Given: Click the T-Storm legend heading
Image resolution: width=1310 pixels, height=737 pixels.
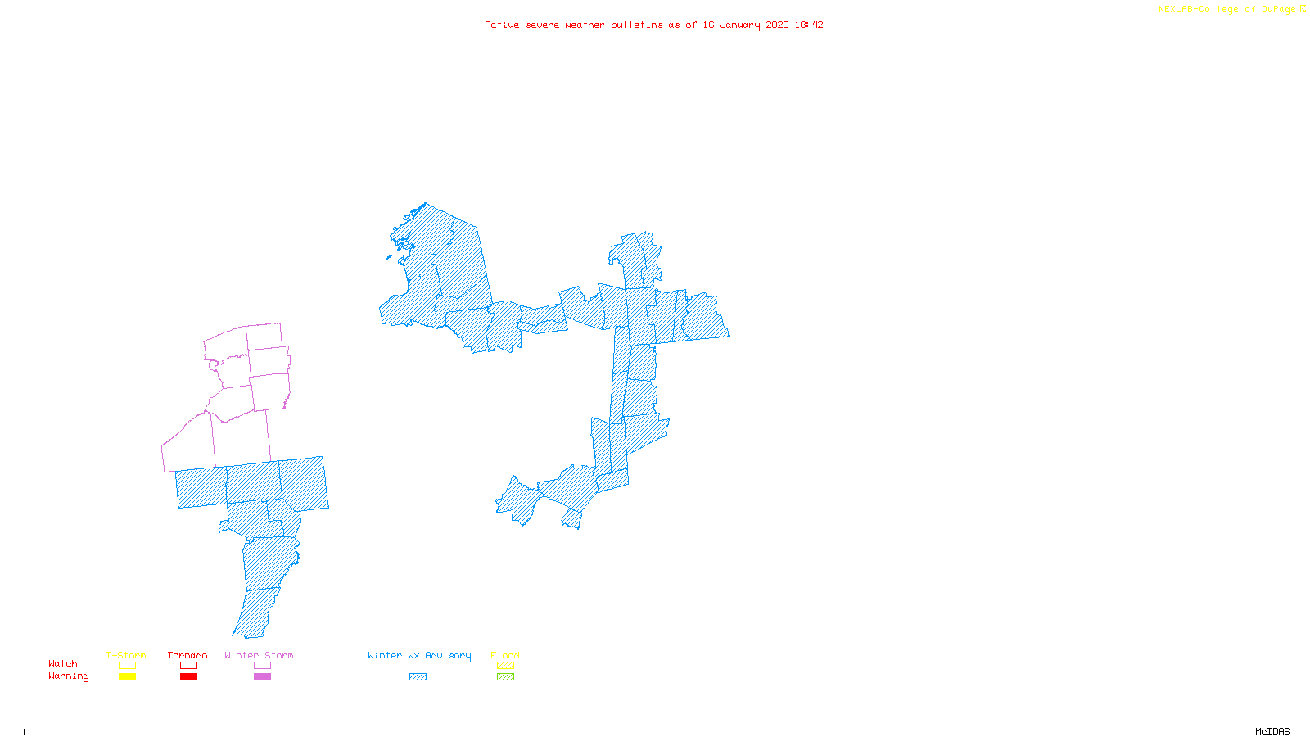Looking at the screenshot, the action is [x=126, y=655].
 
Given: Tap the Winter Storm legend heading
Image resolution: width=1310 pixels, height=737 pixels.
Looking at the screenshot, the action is [x=259, y=655].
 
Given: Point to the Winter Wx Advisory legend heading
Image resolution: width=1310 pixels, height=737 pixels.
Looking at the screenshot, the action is [x=419, y=655].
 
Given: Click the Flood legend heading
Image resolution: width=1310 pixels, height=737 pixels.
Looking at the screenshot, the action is [x=505, y=655].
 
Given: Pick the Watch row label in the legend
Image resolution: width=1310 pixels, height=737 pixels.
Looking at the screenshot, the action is [x=63, y=663].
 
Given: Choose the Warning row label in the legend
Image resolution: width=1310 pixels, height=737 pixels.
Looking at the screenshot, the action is [x=69, y=676].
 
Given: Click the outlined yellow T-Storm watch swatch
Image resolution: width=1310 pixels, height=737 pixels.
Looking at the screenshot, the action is [x=127, y=666].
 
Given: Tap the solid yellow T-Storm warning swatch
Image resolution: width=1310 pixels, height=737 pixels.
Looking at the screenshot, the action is [x=127, y=677].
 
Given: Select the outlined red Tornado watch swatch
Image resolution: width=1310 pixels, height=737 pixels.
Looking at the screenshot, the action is [x=188, y=666].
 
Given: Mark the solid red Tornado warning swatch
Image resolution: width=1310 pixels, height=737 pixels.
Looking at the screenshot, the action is [x=188, y=677].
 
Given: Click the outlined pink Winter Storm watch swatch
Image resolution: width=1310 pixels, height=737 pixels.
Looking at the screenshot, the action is [x=262, y=666].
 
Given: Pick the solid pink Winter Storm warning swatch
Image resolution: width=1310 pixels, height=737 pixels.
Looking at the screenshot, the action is [x=262, y=677].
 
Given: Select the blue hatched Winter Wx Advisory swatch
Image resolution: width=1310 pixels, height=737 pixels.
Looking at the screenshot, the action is [x=418, y=677].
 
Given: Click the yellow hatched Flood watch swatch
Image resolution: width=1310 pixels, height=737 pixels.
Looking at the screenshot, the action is [x=505, y=666].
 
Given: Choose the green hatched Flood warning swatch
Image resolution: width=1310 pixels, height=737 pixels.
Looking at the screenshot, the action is [x=505, y=677].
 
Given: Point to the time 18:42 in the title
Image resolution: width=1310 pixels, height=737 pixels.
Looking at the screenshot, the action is [x=808, y=25].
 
